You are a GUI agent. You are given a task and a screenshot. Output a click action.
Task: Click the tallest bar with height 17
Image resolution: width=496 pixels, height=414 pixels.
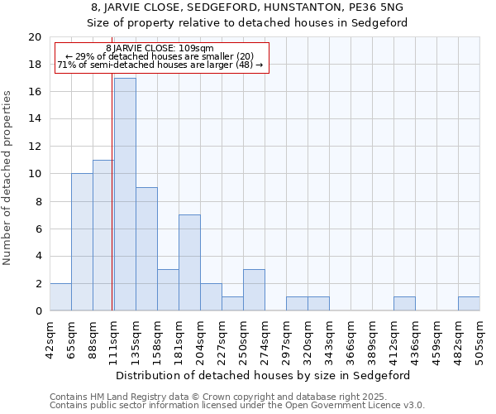pos(125,195)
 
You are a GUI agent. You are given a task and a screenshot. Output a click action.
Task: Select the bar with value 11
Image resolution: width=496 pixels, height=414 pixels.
pos(103,235)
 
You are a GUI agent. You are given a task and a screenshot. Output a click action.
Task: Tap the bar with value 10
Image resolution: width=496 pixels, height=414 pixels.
pos(82,242)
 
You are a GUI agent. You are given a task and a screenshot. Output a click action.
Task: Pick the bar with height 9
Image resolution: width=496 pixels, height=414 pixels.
pos(146,249)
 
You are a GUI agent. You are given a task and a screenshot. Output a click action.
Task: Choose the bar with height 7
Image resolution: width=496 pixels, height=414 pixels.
pos(189,262)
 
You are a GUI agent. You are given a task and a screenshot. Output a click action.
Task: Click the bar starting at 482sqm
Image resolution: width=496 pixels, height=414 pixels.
pos(469,304)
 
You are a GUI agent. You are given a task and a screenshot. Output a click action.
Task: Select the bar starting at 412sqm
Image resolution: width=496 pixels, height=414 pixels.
pos(404,304)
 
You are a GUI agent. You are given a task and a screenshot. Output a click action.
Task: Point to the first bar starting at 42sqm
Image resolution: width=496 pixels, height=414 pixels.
pos(60,297)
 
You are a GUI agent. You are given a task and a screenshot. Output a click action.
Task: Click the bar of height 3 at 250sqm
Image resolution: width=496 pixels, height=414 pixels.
pos(254,290)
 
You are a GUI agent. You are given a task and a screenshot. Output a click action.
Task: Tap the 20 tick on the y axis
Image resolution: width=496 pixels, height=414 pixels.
pos(35,37)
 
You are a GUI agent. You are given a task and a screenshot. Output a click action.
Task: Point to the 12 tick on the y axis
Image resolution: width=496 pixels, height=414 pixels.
pos(35,147)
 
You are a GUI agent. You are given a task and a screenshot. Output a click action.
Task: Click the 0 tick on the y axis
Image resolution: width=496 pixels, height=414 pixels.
pos(38,311)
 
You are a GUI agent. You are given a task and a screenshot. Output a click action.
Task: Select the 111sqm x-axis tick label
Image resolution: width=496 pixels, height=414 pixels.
pos(114,338)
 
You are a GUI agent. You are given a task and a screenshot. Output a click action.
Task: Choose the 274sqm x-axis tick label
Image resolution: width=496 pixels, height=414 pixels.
pos(265,338)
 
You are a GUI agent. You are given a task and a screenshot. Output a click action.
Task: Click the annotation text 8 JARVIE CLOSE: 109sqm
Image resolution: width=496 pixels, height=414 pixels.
pos(161,49)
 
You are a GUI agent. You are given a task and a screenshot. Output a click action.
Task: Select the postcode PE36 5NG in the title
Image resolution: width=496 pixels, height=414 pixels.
pos(380,7)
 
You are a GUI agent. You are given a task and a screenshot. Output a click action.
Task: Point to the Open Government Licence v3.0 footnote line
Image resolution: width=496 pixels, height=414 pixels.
pos(237,406)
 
